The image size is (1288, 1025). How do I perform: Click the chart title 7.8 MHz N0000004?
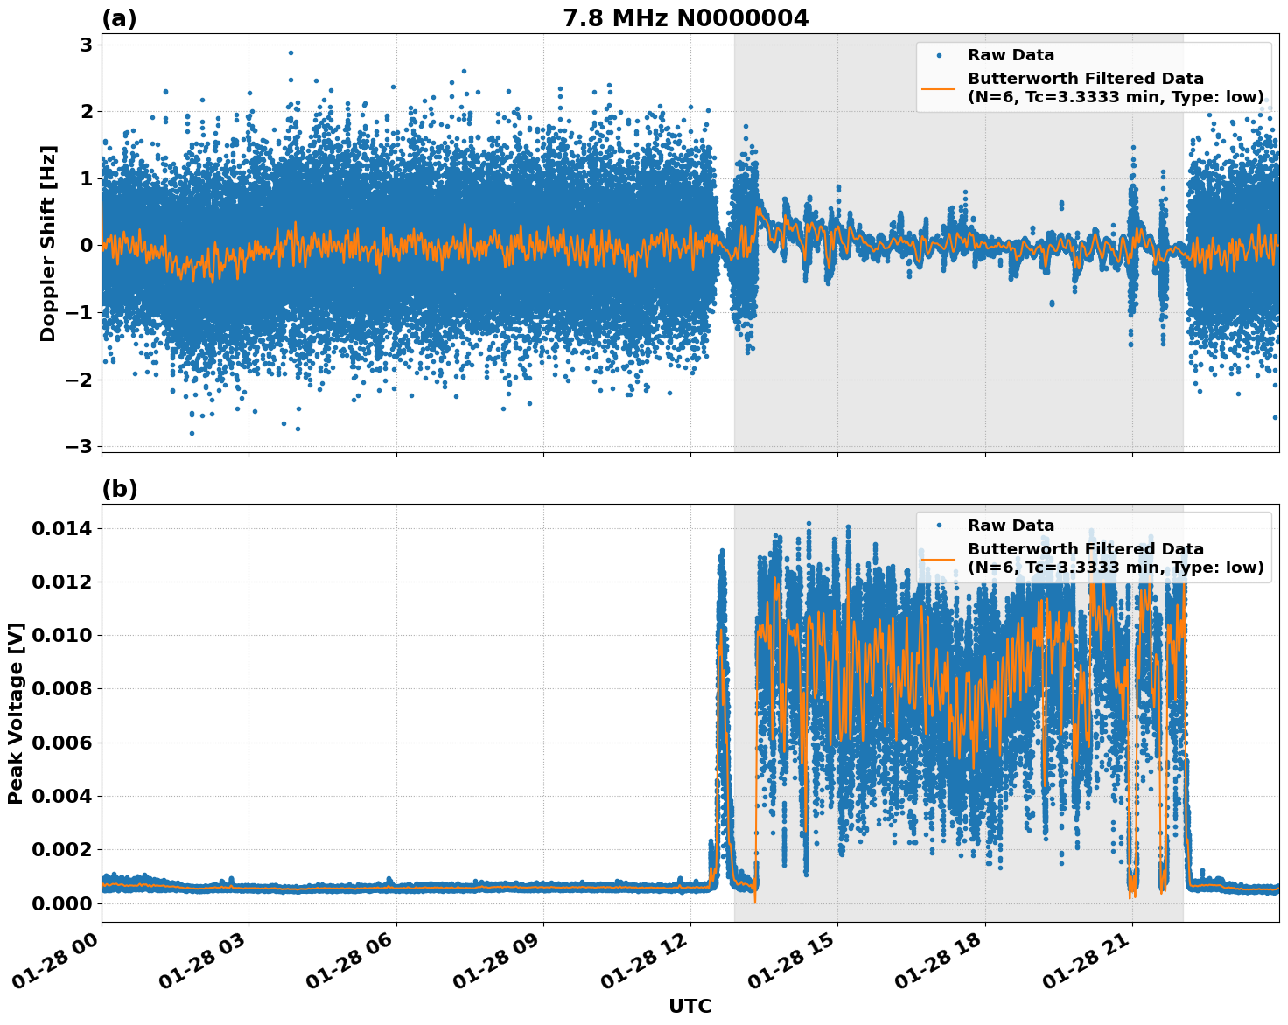click(x=685, y=18)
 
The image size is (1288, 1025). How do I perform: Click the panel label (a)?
click(x=119, y=18)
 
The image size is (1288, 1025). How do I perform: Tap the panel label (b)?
click(x=119, y=489)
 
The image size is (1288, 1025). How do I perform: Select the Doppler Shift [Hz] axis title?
click(x=48, y=243)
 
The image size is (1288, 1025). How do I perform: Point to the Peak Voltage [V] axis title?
click(x=15, y=713)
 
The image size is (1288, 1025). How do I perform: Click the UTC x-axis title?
click(x=689, y=1007)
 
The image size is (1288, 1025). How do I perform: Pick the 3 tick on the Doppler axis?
click(x=86, y=45)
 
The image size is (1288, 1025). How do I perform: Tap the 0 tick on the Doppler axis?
click(x=86, y=245)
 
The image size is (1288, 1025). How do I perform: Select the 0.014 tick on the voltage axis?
click(x=62, y=528)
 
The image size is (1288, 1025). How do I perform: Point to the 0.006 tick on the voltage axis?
click(x=62, y=743)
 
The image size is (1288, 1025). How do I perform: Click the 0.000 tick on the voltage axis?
click(x=62, y=903)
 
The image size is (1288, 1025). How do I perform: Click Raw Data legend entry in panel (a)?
click(x=1011, y=55)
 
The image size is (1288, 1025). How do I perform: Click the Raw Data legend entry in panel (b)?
click(x=1011, y=526)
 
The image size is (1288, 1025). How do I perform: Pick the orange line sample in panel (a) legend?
click(x=939, y=87)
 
